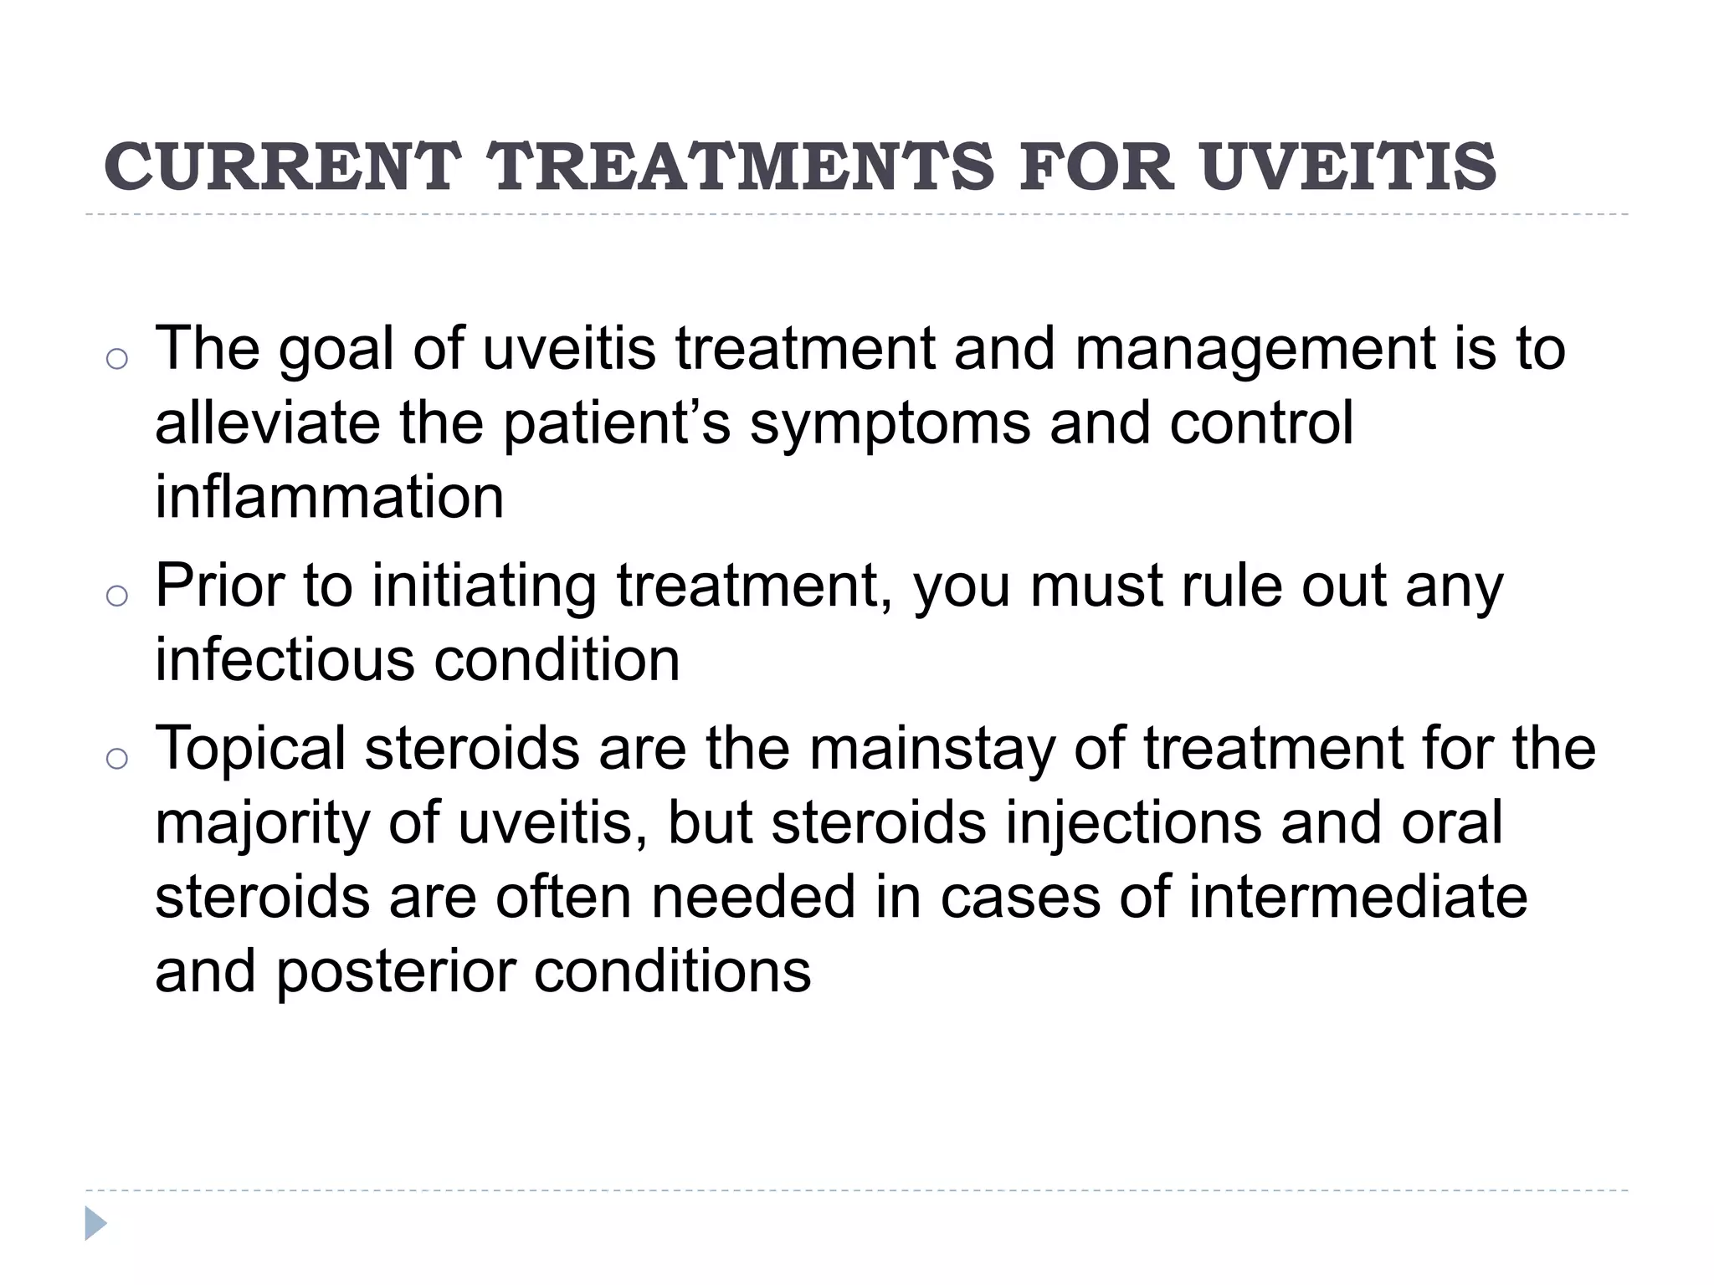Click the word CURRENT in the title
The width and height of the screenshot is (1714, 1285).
282,166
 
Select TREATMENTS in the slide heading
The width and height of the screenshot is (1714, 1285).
742,166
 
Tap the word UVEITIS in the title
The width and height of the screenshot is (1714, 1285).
1347,166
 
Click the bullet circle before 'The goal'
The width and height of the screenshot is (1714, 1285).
117,359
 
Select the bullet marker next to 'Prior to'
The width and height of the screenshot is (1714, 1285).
117,596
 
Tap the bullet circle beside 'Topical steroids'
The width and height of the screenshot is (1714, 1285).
117,758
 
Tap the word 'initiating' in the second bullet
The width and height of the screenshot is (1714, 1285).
483,587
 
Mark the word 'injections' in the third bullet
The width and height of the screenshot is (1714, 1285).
1133,823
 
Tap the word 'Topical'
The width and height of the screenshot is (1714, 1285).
250,750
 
